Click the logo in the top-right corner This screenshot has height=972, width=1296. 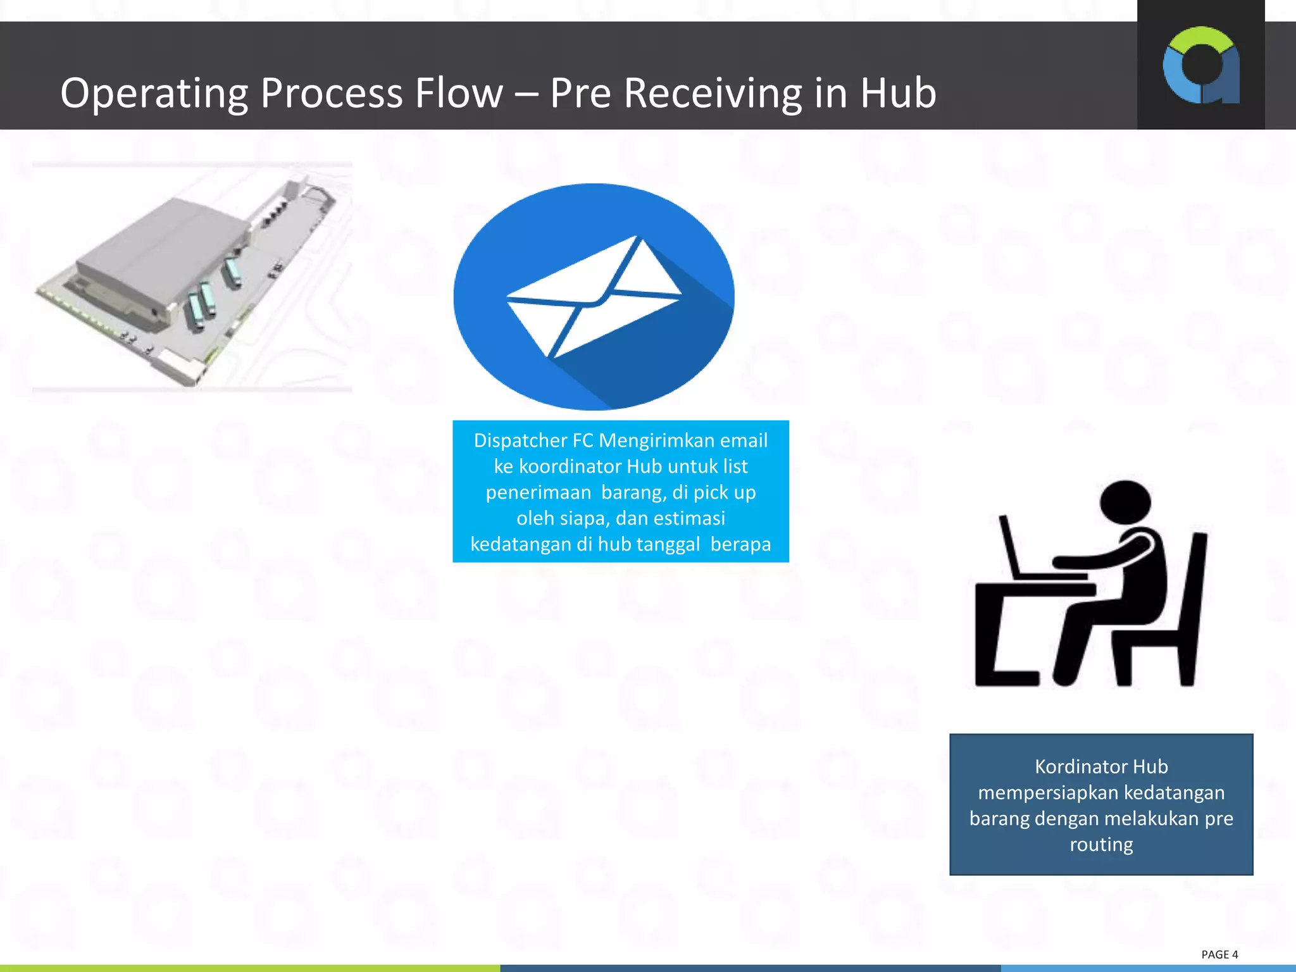click(1200, 65)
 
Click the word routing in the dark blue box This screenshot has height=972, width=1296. click(1101, 845)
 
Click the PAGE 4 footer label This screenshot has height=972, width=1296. click(1219, 954)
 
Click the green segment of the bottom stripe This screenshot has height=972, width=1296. click(250, 968)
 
